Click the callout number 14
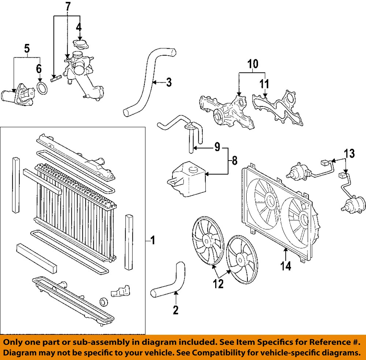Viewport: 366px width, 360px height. pyautogui.click(x=286, y=266)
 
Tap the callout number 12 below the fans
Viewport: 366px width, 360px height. pyautogui.click(x=218, y=284)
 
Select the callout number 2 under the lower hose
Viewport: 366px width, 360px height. pyautogui.click(x=176, y=310)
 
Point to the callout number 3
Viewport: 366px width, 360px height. pyautogui.click(x=168, y=82)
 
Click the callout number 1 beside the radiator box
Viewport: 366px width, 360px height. pyautogui.click(x=153, y=240)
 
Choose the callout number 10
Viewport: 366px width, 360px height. pyautogui.click(x=253, y=64)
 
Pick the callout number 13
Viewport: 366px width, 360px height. pyautogui.click(x=350, y=154)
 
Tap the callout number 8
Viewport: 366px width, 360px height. pyautogui.click(x=234, y=160)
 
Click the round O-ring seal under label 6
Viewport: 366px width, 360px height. pyautogui.click(x=43, y=88)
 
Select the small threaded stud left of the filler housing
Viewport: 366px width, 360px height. pyautogui.click(x=55, y=78)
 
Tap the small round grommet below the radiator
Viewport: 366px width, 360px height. pyautogui.click(x=104, y=302)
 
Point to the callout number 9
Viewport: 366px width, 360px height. pyautogui.click(x=217, y=147)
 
